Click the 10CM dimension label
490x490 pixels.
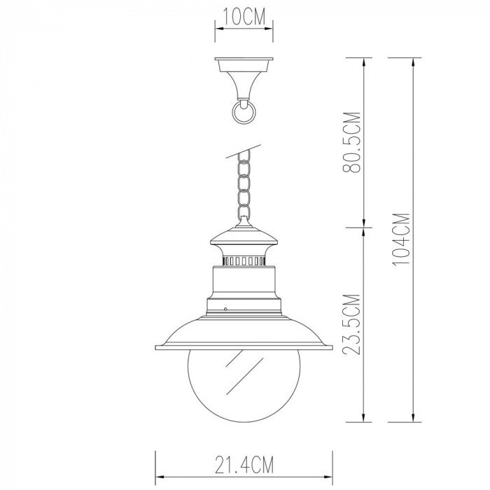[244, 17]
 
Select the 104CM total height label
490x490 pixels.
[401, 239]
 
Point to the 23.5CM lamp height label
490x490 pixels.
[352, 324]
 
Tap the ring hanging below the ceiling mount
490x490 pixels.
[244, 112]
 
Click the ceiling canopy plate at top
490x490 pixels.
[244, 64]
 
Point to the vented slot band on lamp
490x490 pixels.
[244, 261]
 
